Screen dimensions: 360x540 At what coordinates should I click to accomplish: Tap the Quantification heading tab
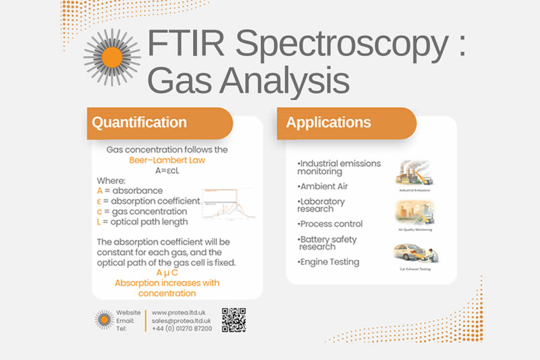coord(140,123)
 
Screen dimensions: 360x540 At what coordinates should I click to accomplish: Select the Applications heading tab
coord(329,123)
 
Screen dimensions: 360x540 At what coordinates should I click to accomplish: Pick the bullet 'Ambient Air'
coord(324,186)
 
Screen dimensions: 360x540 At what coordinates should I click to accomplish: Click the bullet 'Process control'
coord(331,224)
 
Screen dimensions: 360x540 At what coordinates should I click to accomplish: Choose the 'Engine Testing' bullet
coord(329,261)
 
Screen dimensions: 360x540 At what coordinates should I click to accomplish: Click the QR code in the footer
coord(234,320)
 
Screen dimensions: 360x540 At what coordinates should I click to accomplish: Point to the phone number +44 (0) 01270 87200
coord(182,328)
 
